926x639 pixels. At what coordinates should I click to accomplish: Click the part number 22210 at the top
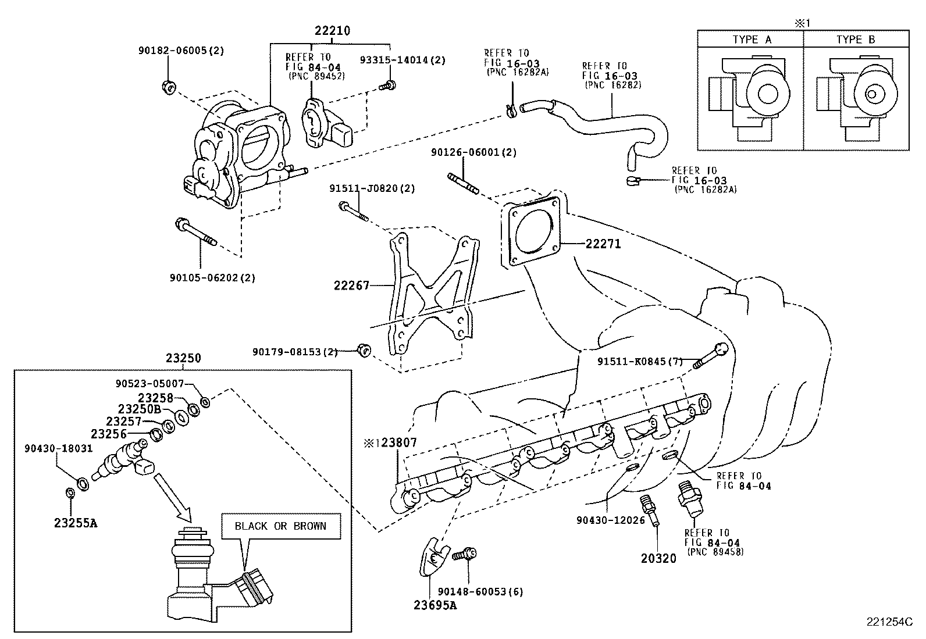coord(333,31)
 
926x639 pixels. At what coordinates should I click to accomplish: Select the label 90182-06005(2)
coord(181,51)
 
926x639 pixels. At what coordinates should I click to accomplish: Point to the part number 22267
coord(351,285)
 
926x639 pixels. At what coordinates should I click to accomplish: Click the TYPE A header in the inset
coord(752,40)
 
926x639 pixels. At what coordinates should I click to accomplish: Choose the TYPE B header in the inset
coord(856,40)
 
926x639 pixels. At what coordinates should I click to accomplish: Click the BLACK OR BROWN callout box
coord(280,526)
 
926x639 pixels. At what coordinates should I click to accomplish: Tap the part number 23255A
coord(76,523)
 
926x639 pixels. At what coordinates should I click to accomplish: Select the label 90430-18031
coord(58,448)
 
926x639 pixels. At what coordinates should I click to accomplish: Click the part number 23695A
coord(436,605)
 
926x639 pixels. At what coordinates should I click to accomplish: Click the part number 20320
coord(658,559)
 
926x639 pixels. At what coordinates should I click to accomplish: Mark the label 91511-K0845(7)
coord(640,361)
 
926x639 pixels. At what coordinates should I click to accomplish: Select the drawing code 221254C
coord(891,622)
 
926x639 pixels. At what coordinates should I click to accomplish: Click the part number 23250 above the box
coord(183,358)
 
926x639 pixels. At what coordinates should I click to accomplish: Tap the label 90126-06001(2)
coord(473,152)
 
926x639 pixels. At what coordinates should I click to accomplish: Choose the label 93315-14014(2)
coord(403,60)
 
